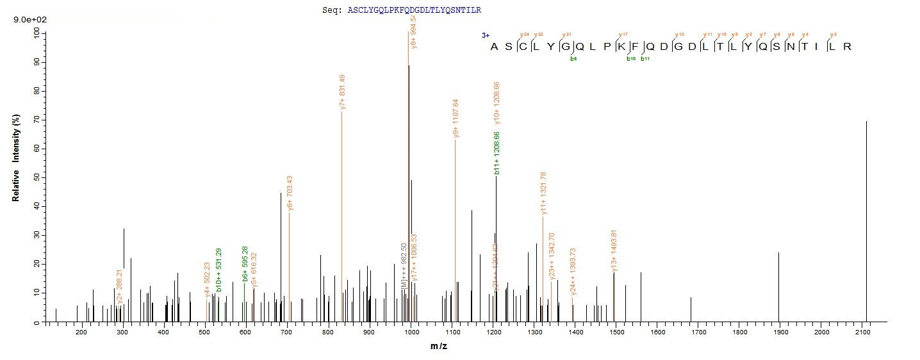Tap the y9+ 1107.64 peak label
coord(456,118)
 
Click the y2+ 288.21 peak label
coord(120,286)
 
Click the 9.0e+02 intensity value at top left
coord(28,20)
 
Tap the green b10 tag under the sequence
coord(630,59)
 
